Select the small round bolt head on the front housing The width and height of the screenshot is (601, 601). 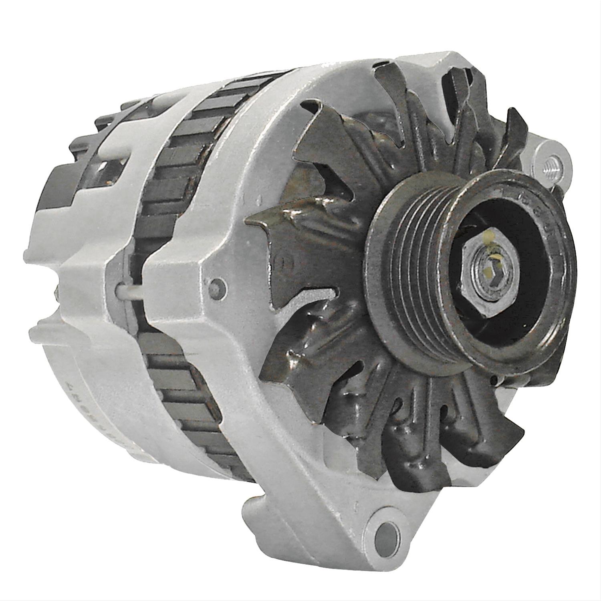pyautogui.click(x=217, y=286)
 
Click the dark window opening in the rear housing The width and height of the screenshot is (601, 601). pyautogui.click(x=100, y=168)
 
